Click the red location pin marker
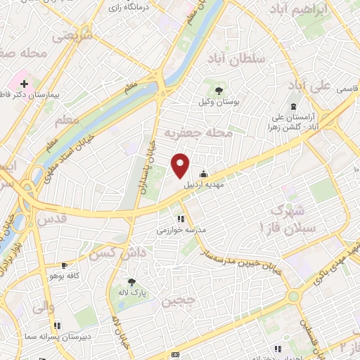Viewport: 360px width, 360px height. pos(181,165)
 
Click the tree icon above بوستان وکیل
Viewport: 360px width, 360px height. pos(218,90)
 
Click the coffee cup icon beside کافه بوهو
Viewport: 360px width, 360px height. pos(65,265)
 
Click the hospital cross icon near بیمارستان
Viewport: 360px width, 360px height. pos(25,83)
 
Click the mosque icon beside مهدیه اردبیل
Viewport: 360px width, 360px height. pos(204,174)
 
